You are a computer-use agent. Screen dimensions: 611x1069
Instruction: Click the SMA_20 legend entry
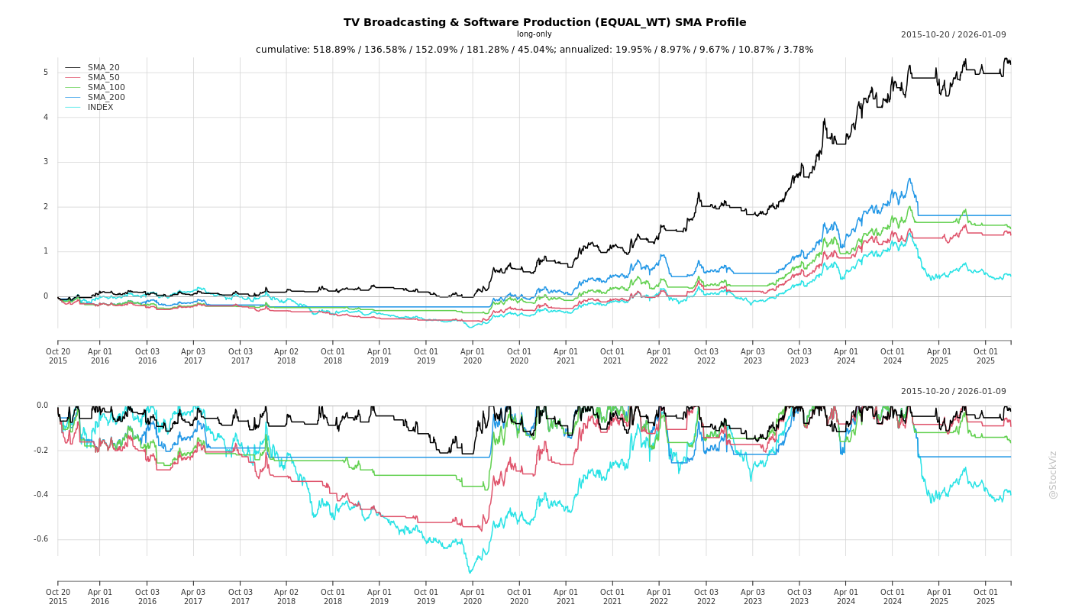[103, 68]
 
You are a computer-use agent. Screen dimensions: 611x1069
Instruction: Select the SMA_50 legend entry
[103, 78]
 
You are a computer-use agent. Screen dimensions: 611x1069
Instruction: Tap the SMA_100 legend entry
[105, 88]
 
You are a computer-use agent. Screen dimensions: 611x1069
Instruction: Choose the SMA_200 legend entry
[105, 98]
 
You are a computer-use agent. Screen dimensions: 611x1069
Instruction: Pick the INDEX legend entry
[100, 108]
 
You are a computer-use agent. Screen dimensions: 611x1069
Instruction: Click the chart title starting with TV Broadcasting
[544, 23]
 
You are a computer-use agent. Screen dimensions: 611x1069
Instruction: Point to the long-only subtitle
[534, 34]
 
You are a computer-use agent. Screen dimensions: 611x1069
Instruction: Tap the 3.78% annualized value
[797, 50]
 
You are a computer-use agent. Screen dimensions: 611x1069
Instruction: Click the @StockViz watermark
[1053, 474]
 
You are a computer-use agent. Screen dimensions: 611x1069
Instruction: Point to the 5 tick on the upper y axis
[45, 73]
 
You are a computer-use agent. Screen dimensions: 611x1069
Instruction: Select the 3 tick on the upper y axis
[45, 162]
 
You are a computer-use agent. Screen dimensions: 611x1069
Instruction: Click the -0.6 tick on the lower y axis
[40, 539]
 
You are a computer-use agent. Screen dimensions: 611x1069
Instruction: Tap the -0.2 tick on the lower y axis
[40, 450]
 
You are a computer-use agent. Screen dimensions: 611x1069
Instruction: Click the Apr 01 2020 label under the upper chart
[472, 356]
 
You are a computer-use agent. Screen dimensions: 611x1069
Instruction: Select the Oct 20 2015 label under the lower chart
[58, 596]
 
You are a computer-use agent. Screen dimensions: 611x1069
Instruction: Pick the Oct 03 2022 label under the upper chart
[706, 356]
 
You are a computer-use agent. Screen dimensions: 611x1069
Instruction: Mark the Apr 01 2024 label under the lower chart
[845, 596]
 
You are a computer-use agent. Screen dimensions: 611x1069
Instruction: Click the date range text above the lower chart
[953, 392]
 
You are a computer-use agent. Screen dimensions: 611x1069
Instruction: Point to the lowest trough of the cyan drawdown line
[470, 573]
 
